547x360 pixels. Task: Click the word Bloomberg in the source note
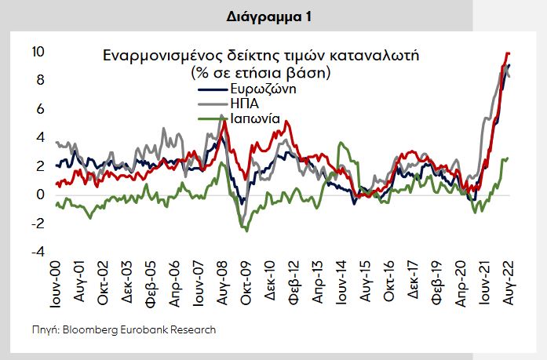pos(89,329)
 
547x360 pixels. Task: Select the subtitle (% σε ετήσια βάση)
pos(259,72)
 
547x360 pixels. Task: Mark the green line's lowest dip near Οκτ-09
pos(246,230)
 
